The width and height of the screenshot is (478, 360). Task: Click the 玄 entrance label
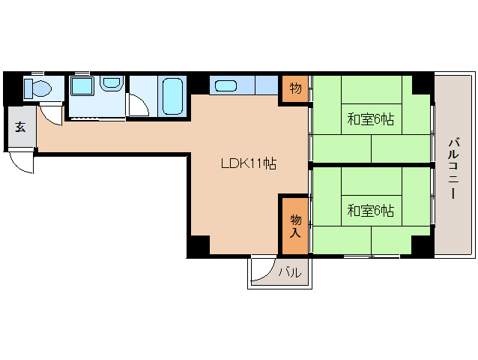[20, 126]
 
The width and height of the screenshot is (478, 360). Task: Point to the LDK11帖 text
[248, 163]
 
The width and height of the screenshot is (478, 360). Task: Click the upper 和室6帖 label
[370, 119]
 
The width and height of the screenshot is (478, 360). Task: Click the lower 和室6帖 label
[370, 211]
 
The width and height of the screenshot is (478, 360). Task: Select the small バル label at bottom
[290, 273]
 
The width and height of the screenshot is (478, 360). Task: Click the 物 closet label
[296, 88]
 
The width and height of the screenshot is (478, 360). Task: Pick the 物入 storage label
[295, 225]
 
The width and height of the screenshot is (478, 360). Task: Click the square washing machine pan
[81, 88]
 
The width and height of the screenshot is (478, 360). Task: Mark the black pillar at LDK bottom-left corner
[199, 245]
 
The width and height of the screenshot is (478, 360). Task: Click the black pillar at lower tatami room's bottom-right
[422, 244]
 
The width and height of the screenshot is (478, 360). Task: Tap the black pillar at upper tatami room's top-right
[422, 82]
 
